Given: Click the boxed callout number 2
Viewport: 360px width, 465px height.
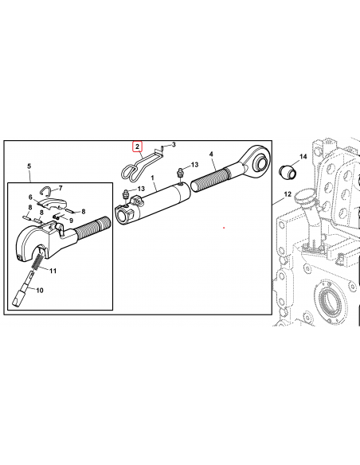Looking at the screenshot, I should coord(137,147).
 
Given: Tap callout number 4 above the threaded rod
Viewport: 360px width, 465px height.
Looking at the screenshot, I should coord(211,153).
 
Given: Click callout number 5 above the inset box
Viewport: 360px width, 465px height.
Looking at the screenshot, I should coord(29,166).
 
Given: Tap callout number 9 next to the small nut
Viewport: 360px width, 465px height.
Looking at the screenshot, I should coord(71,221).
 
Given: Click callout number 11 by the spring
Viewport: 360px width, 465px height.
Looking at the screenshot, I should coord(54,272).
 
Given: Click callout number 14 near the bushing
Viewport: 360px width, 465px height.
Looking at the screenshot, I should coord(303,157).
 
